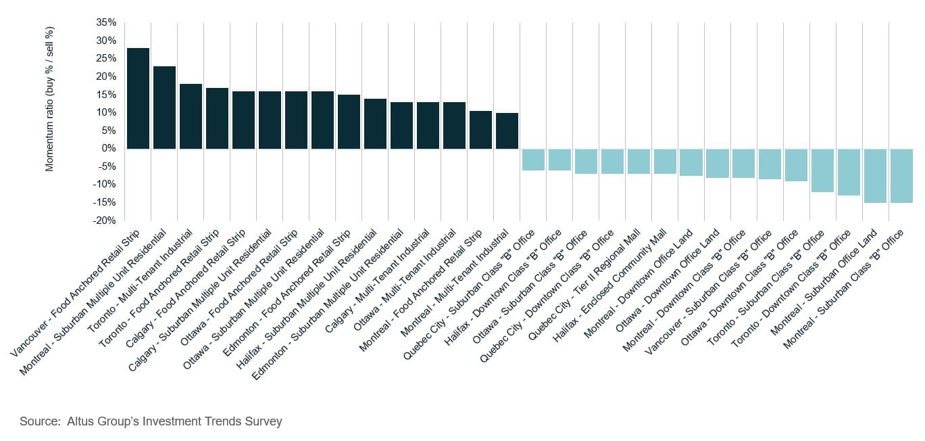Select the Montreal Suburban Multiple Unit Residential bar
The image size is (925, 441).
(x=164, y=108)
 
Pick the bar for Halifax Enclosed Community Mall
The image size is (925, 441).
(x=665, y=161)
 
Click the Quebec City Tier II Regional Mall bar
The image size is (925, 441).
(x=639, y=161)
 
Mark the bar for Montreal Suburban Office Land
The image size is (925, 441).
(x=875, y=175)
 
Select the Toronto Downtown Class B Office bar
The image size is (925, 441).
(x=849, y=172)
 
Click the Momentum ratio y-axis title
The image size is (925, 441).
(x=49, y=99)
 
